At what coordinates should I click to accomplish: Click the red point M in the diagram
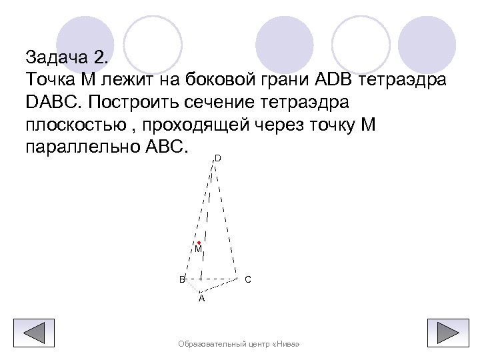pyautogui.click(x=199, y=243)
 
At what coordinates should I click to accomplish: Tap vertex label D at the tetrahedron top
pyautogui.click(x=217, y=159)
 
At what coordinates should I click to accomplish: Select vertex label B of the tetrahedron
pyautogui.click(x=181, y=279)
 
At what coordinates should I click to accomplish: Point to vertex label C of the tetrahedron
pyautogui.click(x=247, y=279)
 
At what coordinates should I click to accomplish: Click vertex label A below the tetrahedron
pyautogui.click(x=201, y=299)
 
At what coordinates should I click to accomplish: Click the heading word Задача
pyautogui.click(x=57, y=55)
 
